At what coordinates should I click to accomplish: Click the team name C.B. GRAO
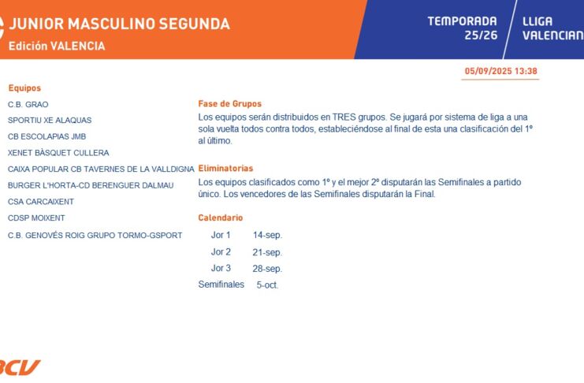28,104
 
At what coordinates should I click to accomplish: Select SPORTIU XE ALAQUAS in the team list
50,121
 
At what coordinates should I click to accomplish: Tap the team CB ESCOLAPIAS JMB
47,136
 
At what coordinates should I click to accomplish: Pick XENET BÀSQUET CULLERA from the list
58,153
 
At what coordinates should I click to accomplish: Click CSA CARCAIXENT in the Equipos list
41,202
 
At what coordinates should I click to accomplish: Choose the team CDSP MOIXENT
36,218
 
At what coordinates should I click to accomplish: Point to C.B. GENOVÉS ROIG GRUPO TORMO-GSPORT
95,236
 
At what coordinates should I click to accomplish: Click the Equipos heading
24,88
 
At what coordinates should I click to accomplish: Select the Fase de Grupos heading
230,104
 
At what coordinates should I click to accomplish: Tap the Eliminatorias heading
225,169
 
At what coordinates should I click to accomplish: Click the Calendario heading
221,218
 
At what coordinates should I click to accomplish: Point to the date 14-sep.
267,236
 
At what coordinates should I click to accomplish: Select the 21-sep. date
267,253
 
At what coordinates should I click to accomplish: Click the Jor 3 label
221,268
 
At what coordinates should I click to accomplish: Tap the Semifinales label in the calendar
221,284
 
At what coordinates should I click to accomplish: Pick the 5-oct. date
267,285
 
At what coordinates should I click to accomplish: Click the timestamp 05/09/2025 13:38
501,71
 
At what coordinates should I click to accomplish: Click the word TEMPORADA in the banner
462,21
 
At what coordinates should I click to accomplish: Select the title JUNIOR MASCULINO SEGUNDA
119,24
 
